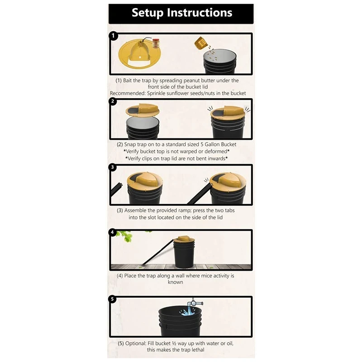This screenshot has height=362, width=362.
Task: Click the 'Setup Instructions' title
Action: [x=181, y=12]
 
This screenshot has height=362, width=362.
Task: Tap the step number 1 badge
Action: [x=113, y=36]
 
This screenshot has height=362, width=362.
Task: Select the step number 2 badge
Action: [x=113, y=102]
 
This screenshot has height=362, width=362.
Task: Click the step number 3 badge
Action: [x=113, y=167]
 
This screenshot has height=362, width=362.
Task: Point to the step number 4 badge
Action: [x=113, y=233]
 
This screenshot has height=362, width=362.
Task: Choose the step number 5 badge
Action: [x=113, y=300]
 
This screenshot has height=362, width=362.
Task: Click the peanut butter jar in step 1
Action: [x=156, y=43]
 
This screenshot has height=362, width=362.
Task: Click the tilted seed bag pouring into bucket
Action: [x=201, y=44]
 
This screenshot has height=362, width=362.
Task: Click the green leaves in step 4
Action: [x=124, y=236]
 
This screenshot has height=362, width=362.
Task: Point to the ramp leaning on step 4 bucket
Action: [x=156, y=251]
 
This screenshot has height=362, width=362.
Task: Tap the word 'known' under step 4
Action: [x=176, y=282]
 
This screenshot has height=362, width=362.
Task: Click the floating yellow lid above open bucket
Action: [x=142, y=110]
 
